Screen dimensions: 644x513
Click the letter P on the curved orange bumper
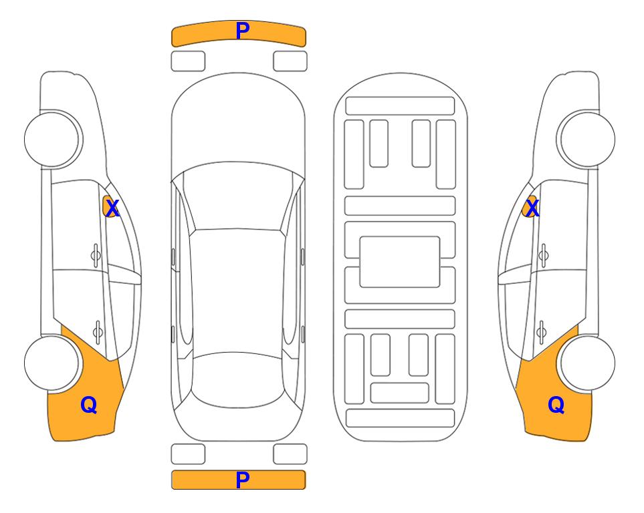(242, 31)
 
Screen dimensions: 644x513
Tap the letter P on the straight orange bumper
(242, 480)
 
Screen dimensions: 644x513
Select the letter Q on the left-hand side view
(89, 405)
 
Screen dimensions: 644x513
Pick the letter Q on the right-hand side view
(556, 405)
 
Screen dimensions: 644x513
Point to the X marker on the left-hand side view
(112, 208)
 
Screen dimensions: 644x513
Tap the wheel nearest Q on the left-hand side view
(52, 363)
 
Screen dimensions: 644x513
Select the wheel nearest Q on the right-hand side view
(588, 363)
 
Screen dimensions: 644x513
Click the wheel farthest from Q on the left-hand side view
(52, 140)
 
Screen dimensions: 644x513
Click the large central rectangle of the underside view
(400, 262)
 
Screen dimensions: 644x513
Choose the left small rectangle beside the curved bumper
(188, 61)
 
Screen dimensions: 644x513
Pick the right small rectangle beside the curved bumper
(290, 61)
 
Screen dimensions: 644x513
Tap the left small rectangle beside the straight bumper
(188, 454)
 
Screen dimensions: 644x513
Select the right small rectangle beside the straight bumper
(290, 454)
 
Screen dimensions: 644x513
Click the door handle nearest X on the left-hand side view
(96, 256)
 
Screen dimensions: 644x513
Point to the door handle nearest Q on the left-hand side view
(98, 331)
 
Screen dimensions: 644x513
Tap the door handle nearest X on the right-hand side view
(544, 256)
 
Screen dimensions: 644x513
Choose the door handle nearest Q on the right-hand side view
(542, 331)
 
